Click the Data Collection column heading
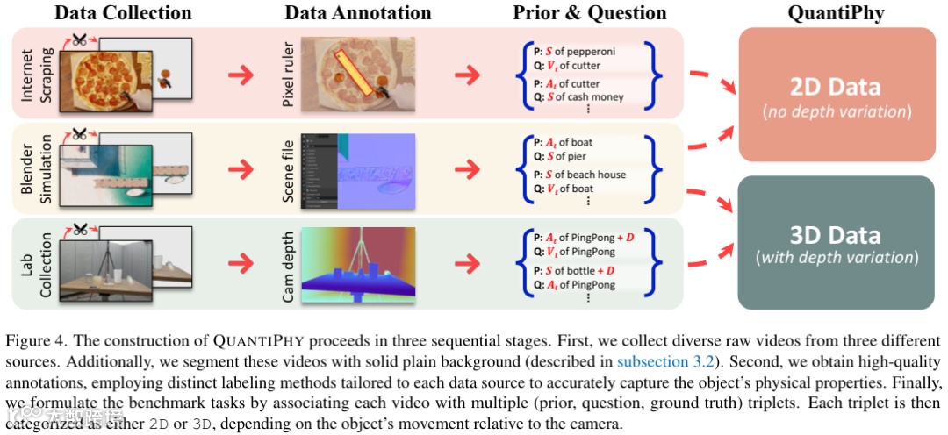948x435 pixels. click(123, 12)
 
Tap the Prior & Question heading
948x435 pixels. click(590, 12)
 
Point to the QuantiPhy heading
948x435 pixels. click(837, 12)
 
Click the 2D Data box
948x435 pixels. click(837, 95)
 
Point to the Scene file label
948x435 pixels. click(287, 172)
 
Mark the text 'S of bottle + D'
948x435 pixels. click(579, 270)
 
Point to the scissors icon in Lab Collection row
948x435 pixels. click(81, 231)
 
